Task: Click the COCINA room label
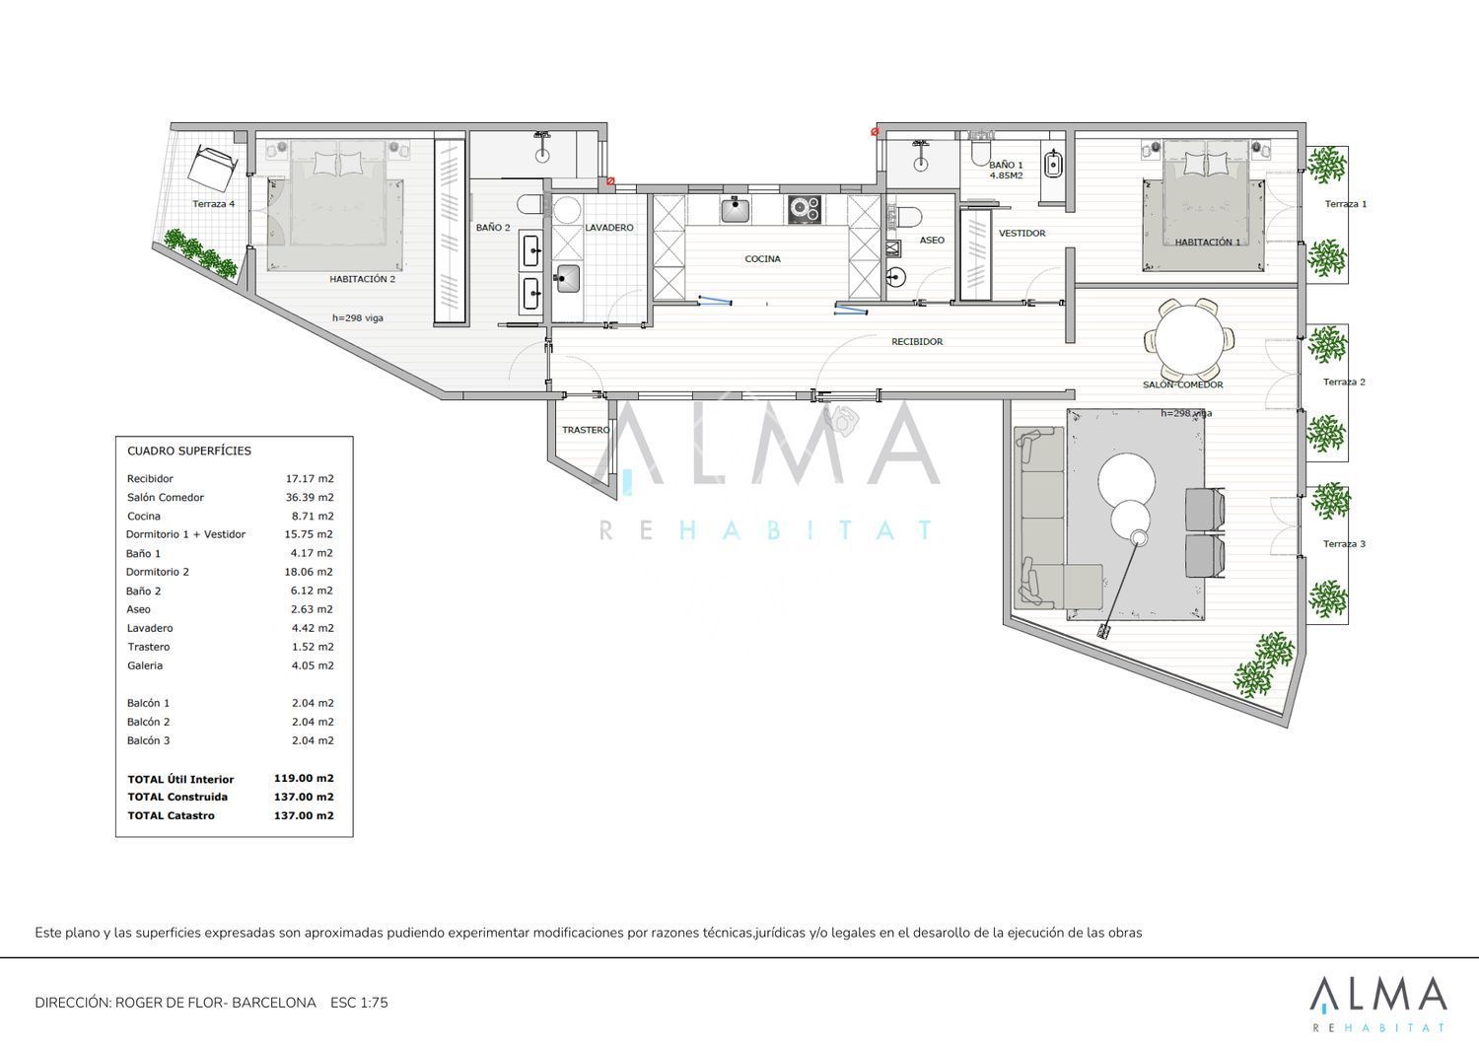point(762,259)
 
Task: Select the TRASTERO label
point(586,430)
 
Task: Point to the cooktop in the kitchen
point(805,209)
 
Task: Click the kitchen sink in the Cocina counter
point(735,209)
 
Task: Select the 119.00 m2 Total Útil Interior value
point(304,778)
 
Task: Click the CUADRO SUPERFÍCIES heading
point(189,451)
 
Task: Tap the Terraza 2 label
point(1344,382)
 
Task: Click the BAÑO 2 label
point(493,227)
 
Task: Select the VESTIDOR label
point(1021,233)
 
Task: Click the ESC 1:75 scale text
point(359,1003)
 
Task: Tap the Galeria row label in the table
point(145,665)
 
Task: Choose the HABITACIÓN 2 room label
point(363,279)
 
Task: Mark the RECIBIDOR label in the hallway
point(917,341)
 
